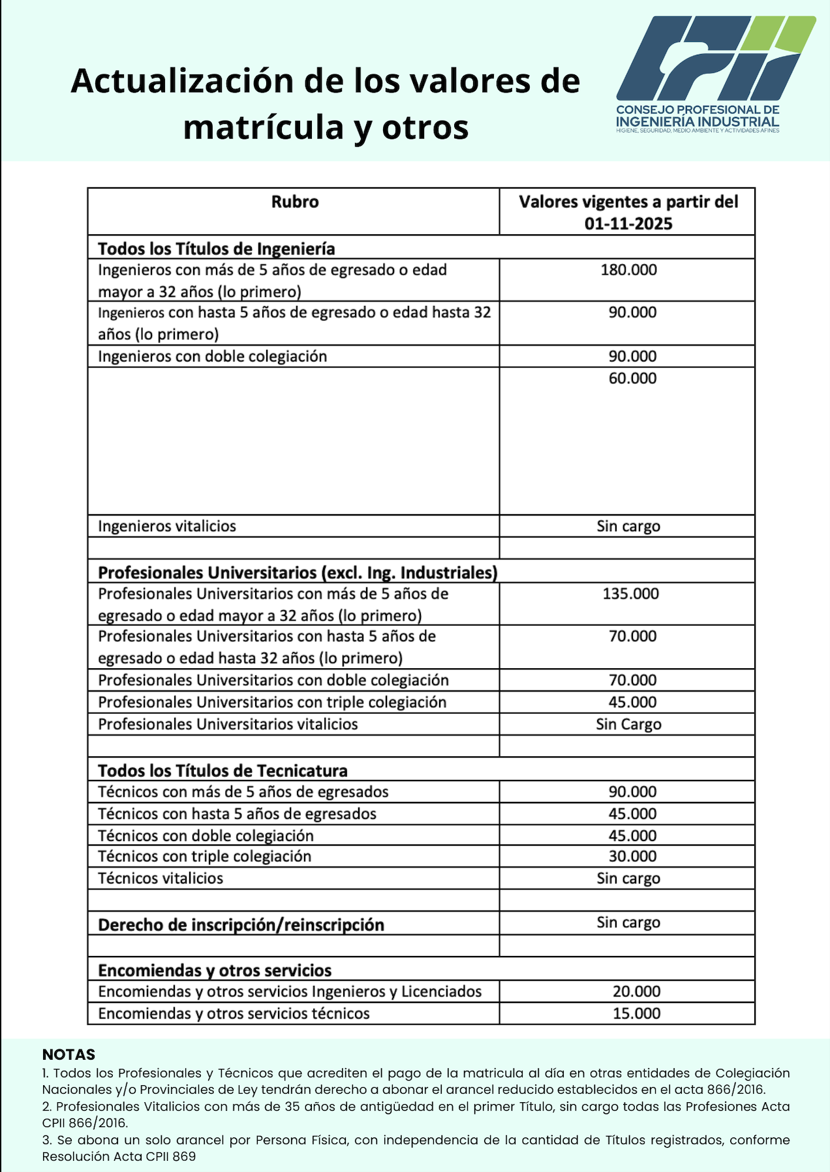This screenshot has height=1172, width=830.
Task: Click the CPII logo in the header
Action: pos(716,73)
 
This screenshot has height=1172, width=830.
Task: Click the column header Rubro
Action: pos(295,202)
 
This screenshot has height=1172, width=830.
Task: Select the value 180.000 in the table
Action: pos(628,270)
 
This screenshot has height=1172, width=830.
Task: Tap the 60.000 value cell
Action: pos(632,378)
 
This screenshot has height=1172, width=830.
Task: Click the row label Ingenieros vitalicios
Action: pos(167,527)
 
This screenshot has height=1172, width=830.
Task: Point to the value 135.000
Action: pos(630,594)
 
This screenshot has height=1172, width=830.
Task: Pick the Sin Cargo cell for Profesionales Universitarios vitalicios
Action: pos(628,724)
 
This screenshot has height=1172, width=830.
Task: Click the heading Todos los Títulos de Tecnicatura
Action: pos(223,771)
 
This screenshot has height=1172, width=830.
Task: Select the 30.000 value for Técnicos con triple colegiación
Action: pos(632,857)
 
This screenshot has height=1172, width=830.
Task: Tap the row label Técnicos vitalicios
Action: pos(161,878)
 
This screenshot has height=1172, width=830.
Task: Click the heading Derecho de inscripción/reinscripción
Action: pos(241,925)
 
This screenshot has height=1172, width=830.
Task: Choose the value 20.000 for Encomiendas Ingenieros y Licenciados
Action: pos(636,992)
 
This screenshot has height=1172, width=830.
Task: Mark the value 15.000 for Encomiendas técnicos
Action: pos(636,1014)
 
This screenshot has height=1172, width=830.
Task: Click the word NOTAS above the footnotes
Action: pos(69,1055)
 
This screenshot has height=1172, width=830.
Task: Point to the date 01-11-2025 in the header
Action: pos(628,224)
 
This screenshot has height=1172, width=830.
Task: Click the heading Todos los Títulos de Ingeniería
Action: pos(217,249)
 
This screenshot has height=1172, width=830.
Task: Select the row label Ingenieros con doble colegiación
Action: pos(212,356)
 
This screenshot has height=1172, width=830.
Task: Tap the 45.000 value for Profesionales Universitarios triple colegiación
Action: pos(632,702)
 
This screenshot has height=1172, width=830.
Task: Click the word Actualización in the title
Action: pos(183,81)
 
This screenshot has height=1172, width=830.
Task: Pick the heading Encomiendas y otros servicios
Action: pos(215,970)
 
